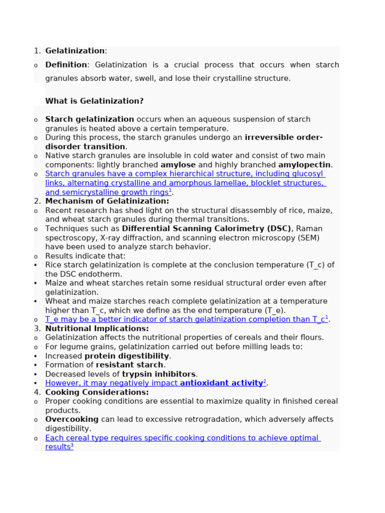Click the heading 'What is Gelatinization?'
tap(94, 101)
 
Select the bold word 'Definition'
tap(66, 65)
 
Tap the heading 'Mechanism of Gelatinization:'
tap(107, 201)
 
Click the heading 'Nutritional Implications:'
tap(97, 329)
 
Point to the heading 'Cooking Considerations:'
tap(97, 392)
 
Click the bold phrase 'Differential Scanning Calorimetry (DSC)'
tap(207, 228)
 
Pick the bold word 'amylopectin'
tap(304, 165)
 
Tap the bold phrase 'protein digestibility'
tap(127, 356)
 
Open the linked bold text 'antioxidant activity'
tap(221, 383)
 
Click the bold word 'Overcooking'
tap(72, 419)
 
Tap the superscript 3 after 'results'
tap(72, 445)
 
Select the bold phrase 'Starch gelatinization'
tap(89, 119)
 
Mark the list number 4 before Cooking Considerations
tap(37, 392)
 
